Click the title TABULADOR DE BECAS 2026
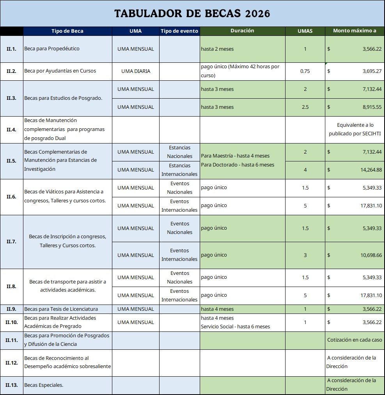pyautogui.click(x=192, y=14)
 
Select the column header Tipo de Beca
pyautogui.click(x=67, y=31)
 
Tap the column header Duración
pyautogui.click(x=242, y=31)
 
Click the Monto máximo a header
pyautogui.click(x=355, y=31)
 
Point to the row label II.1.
pyautogui.click(x=12, y=49)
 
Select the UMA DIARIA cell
pyautogui.click(x=136, y=71)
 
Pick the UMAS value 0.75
pyautogui.click(x=305, y=71)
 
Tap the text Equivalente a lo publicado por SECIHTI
pyautogui.click(x=355, y=129)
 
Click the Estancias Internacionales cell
pyautogui.click(x=179, y=170)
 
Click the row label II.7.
pyautogui.click(x=12, y=242)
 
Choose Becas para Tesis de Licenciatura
pyautogui.click(x=61, y=309)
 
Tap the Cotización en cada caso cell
pyautogui.click(x=355, y=340)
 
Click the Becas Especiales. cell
pyautogui.click(x=44, y=385)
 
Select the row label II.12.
pyautogui.click(x=12, y=363)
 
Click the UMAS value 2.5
pyautogui.click(x=305, y=107)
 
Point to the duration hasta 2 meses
pyautogui.click(x=217, y=49)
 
